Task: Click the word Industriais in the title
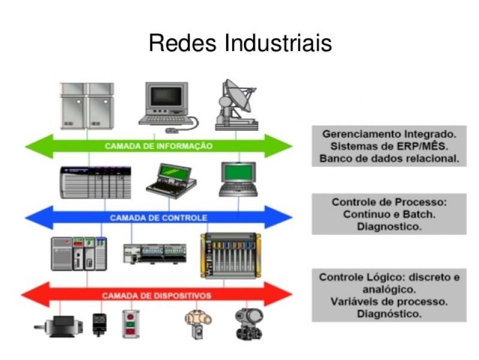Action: tap(278, 43)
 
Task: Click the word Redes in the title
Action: tap(182, 43)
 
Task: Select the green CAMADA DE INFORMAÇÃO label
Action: tap(158, 146)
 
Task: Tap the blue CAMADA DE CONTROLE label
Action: tap(158, 218)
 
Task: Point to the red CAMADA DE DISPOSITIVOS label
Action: tap(156, 296)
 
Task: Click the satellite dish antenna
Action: tap(237, 105)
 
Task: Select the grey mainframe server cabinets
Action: tap(87, 106)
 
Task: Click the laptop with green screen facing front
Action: tap(239, 179)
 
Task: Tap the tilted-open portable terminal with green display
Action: tap(171, 181)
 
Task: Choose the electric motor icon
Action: tap(59, 326)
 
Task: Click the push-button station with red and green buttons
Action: tap(131, 324)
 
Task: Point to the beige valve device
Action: tap(198, 323)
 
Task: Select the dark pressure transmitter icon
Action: tap(249, 324)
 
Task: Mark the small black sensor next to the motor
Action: tap(100, 325)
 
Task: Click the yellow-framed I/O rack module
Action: tap(231, 256)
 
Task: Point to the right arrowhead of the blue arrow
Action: tap(279, 217)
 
